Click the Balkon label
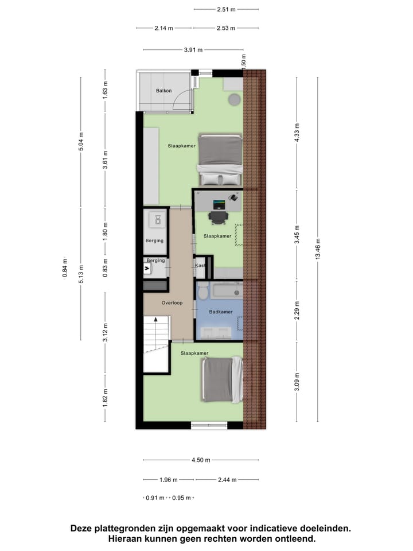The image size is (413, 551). (x=165, y=91)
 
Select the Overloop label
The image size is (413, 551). (x=172, y=302)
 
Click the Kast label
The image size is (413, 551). (x=200, y=266)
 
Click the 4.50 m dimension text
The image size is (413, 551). (x=200, y=460)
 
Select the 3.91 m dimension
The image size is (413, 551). (x=193, y=50)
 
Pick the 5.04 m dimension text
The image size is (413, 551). (x=81, y=142)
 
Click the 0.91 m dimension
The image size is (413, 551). (x=154, y=498)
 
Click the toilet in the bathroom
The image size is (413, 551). (x=202, y=292)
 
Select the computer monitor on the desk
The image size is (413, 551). (x=219, y=204)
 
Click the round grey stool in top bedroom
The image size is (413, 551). (x=235, y=100)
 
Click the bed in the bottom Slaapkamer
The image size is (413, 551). (x=221, y=379)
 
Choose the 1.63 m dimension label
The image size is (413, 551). (x=105, y=90)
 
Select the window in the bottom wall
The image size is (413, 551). (x=209, y=425)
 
